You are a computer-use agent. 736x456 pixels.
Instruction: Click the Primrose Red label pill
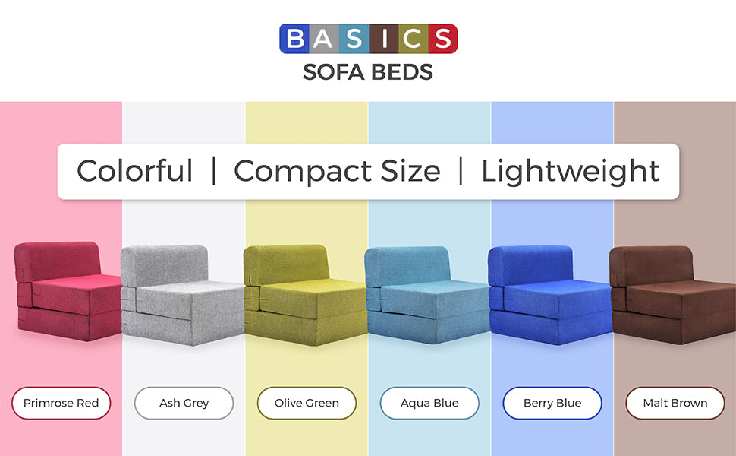point(61,403)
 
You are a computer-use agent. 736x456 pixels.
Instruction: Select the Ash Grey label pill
point(184,403)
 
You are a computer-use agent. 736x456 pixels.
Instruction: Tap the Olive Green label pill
point(307,403)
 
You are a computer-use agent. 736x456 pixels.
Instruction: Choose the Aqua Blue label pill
point(429,403)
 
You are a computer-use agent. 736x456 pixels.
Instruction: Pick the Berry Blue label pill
point(552,403)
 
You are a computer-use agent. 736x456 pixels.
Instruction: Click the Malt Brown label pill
point(675,403)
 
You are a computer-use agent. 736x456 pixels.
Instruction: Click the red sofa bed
point(68,292)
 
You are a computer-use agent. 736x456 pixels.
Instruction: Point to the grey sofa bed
point(183,295)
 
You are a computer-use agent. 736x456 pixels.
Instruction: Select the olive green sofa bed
point(305,295)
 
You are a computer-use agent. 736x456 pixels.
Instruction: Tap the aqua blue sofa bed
point(427,295)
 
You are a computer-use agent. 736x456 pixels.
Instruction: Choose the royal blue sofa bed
point(550,295)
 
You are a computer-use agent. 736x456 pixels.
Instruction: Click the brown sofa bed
point(672,295)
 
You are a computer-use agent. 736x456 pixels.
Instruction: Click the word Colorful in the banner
point(135,171)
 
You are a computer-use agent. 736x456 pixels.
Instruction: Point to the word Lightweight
point(571,172)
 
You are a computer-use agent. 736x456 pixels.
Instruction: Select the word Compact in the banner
point(303,172)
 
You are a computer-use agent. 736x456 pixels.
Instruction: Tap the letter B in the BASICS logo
point(294,39)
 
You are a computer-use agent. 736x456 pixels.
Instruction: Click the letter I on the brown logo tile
point(384,39)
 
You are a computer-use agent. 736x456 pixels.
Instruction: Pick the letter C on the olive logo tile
point(413,39)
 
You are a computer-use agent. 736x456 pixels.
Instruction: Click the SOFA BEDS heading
point(368,72)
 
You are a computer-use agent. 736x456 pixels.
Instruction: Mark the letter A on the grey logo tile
point(323,39)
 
